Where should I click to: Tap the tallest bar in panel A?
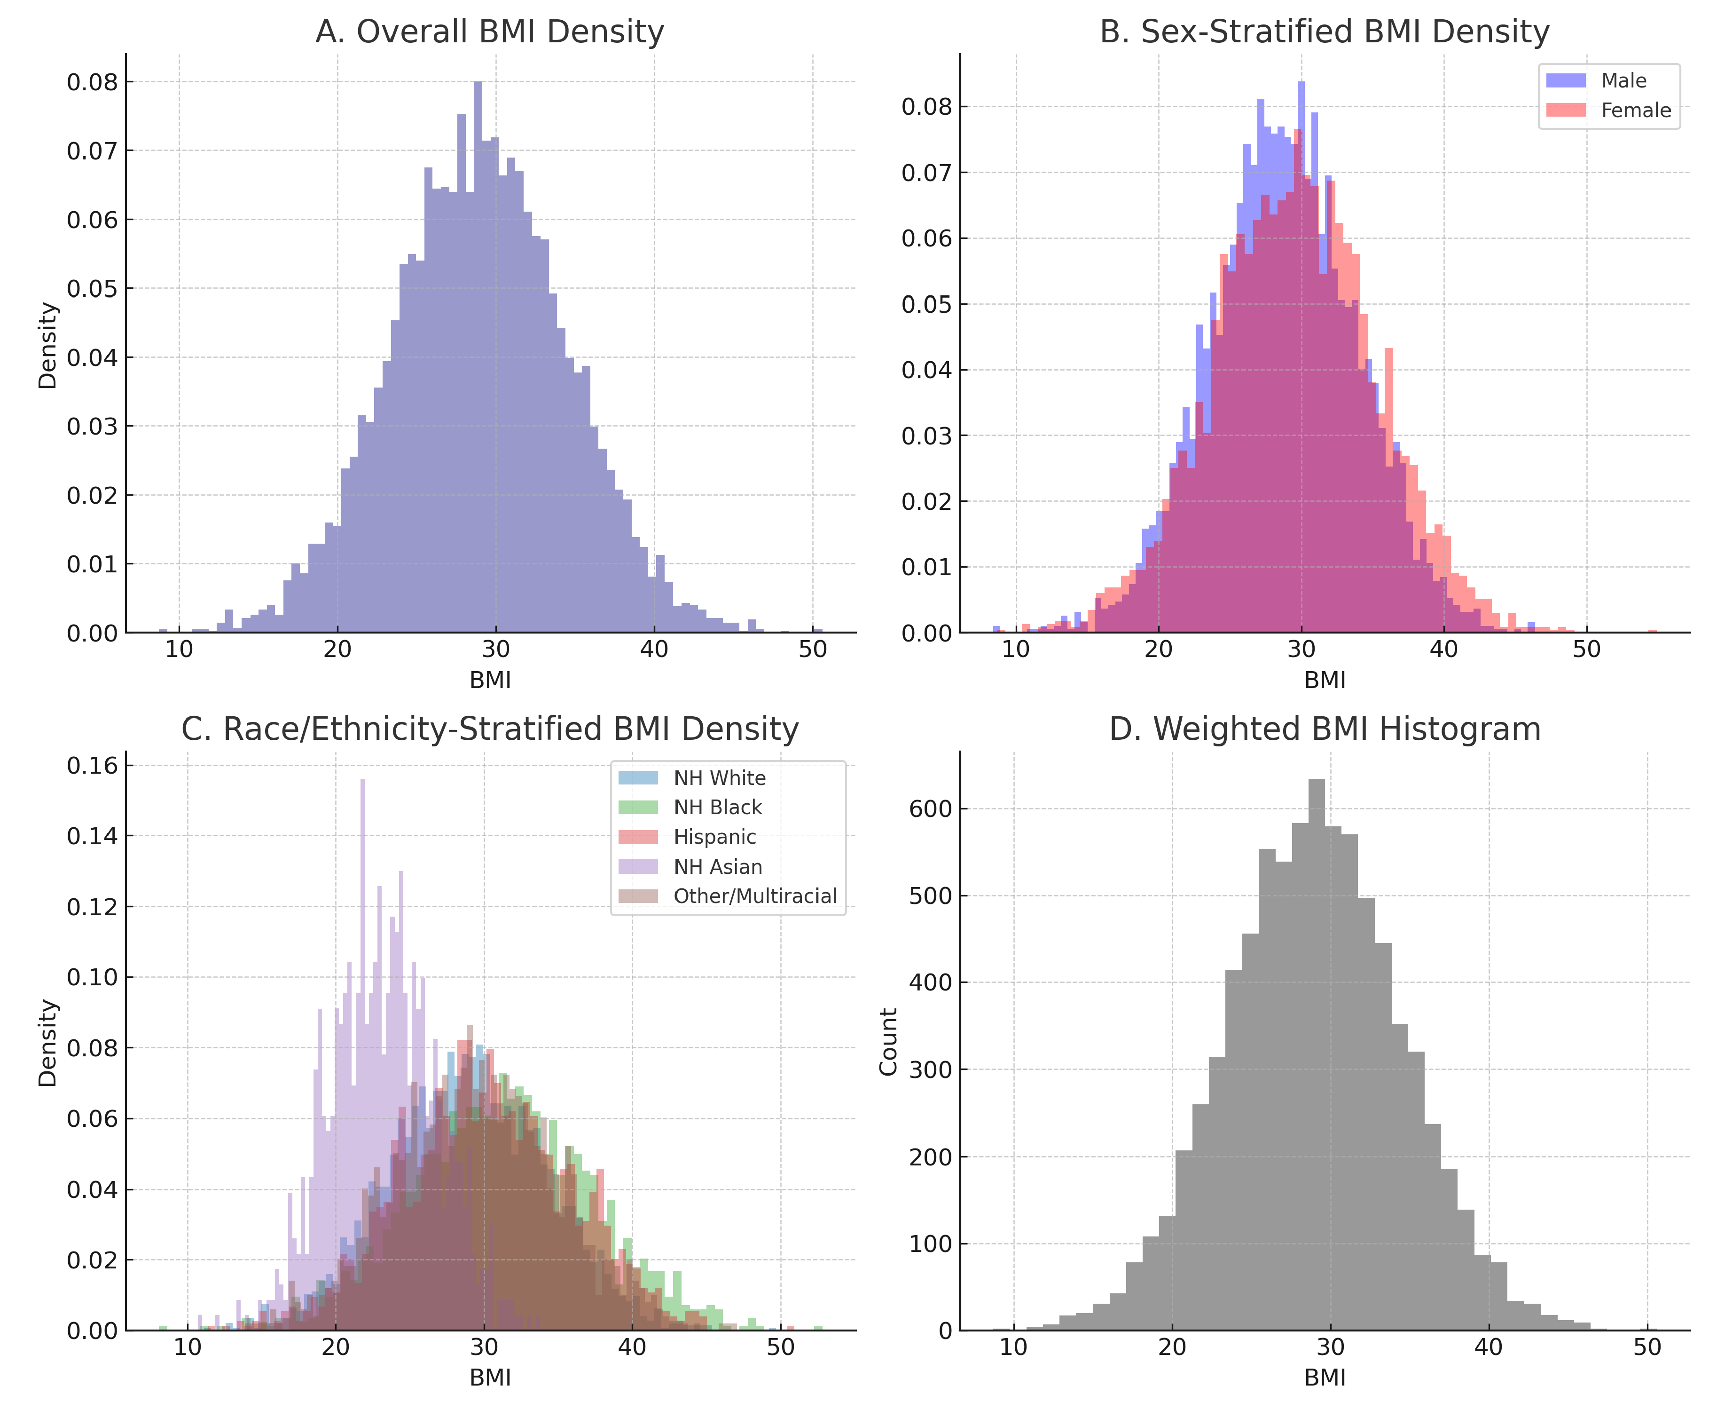tap(478, 356)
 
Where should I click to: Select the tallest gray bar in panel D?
tap(1316, 1050)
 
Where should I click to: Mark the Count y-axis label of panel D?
tap(889, 1042)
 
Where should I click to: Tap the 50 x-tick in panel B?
tap(1586, 650)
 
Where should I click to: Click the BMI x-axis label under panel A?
tap(490, 681)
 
